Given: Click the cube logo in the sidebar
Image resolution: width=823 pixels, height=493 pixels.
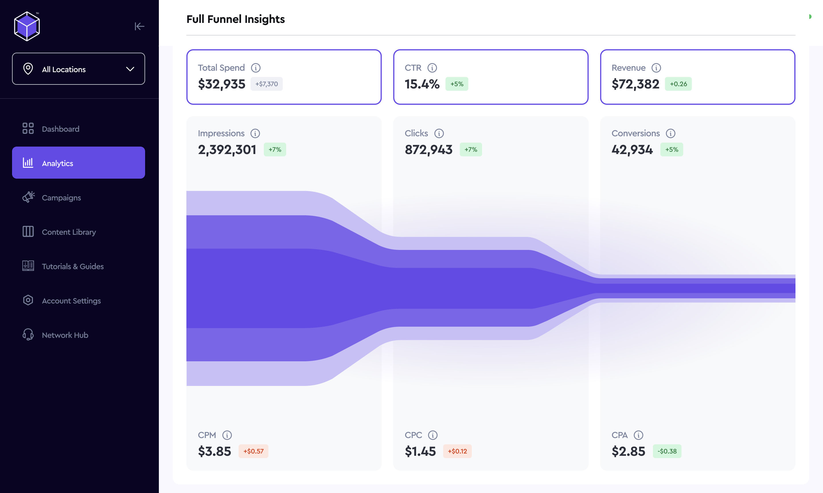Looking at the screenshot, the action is click(x=27, y=26).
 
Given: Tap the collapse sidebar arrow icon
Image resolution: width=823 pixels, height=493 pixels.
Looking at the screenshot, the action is click(x=139, y=26).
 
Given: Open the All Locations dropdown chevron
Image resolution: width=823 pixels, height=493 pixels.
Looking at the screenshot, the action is click(x=130, y=69).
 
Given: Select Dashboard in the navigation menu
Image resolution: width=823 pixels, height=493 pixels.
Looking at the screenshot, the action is click(x=60, y=129).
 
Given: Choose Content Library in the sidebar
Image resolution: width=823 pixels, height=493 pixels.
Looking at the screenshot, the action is click(x=69, y=232).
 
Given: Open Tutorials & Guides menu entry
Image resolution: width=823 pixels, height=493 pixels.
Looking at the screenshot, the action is click(x=73, y=267).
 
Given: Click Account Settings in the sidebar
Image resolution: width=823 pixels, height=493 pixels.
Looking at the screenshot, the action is click(x=71, y=301).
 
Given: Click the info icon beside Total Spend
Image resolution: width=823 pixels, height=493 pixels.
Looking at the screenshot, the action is click(x=256, y=68).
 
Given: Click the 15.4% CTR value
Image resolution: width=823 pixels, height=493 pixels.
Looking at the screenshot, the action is click(x=422, y=84).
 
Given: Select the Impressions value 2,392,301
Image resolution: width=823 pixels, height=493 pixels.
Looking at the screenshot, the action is click(x=227, y=150).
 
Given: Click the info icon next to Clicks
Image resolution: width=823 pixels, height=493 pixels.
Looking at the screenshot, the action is click(x=439, y=133).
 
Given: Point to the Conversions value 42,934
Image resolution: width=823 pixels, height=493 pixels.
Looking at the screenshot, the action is click(x=632, y=150).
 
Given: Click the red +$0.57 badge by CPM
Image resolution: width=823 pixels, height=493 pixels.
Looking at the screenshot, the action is click(x=253, y=451).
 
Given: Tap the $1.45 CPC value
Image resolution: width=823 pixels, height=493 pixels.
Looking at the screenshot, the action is click(x=420, y=451).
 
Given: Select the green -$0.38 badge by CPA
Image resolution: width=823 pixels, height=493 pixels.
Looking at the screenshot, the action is click(x=667, y=451).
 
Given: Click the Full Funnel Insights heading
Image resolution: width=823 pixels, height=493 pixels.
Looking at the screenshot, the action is click(x=235, y=19).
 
